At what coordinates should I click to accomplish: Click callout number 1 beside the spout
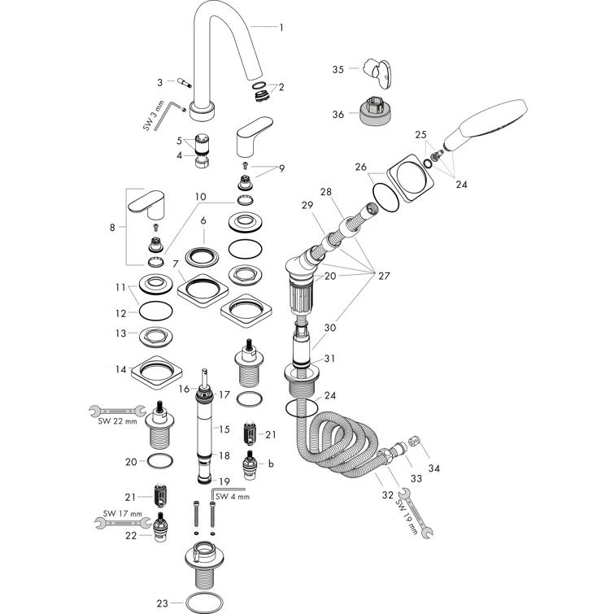(281, 28)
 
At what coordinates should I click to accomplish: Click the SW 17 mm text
(122, 514)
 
